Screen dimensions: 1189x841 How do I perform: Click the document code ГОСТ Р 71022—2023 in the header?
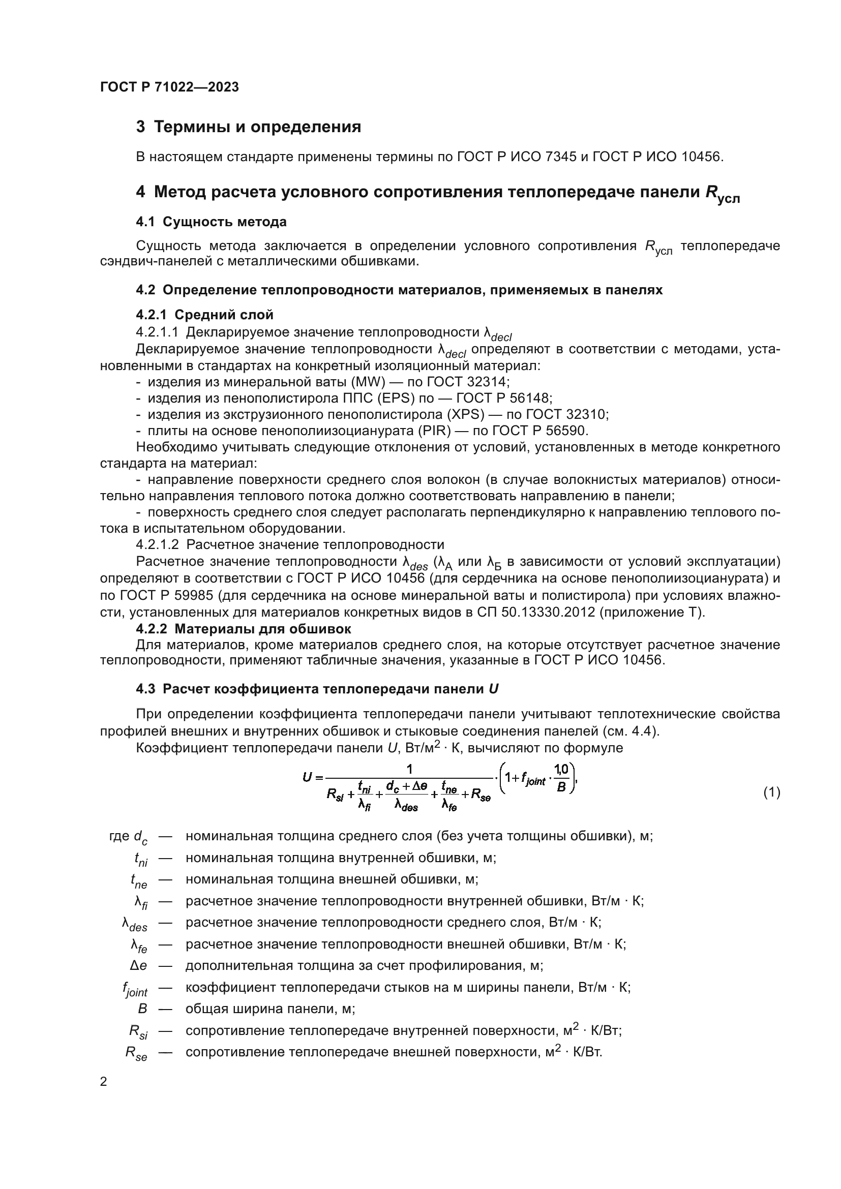(169, 87)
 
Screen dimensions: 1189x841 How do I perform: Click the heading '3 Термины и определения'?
(249, 127)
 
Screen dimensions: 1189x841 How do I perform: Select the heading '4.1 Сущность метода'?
(212, 222)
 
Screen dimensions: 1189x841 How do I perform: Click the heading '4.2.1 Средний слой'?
(204, 315)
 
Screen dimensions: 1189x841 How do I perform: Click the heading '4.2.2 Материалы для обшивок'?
(244, 629)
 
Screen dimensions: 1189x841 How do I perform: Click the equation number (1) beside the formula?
(772, 792)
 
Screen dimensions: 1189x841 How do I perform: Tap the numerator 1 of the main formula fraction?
(409, 769)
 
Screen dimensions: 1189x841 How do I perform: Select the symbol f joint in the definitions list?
(135, 989)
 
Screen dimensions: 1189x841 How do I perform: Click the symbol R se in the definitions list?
(136, 1054)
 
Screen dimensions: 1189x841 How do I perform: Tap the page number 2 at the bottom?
(104, 1082)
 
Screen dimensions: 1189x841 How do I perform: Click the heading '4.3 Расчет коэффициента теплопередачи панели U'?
(317, 689)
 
